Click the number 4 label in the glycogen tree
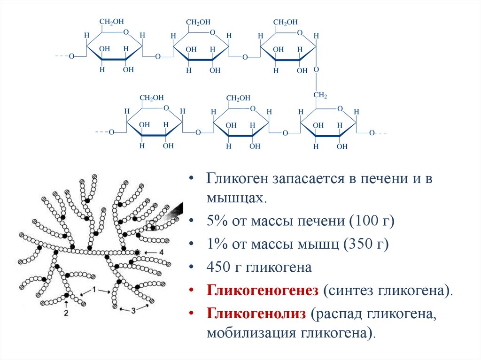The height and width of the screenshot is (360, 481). [x=161, y=252]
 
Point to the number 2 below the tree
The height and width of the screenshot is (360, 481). [x=66, y=312]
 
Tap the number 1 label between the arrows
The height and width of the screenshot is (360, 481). [x=94, y=290]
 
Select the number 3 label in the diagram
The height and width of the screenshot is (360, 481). [x=133, y=310]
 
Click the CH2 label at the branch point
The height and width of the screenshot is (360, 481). [x=320, y=95]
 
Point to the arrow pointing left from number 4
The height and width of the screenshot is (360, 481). [x=149, y=253]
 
